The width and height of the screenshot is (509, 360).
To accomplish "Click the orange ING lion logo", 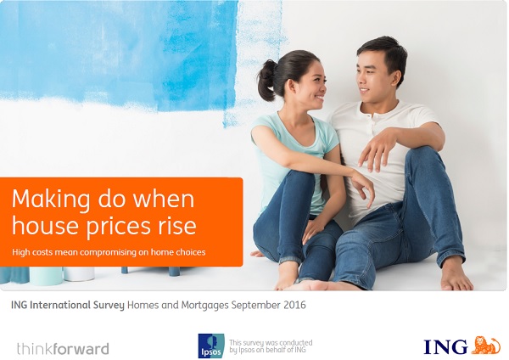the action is pyautogui.click(x=485, y=346).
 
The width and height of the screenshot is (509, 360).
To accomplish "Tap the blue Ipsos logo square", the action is pyautogui.click(x=211, y=346).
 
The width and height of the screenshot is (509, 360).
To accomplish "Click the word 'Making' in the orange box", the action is pyautogui.click(x=51, y=200).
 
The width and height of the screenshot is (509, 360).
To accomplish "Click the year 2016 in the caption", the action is pyautogui.click(x=294, y=305).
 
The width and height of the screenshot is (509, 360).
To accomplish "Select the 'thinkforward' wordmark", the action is pyautogui.click(x=63, y=349).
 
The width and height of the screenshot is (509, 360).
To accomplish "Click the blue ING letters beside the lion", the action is pyautogui.click(x=445, y=346).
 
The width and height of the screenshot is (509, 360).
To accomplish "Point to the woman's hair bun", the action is pyautogui.click(x=267, y=80).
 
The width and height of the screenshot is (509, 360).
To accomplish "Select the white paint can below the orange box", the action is pyautogui.click(x=79, y=274).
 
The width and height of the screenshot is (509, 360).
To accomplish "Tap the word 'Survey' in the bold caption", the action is pyautogui.click(x=109, y=305).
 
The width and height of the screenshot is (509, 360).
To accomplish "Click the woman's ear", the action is pyautogui.click(x=291, y=85).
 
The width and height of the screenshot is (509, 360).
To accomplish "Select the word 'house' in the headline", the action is pyautogui.click(x=47, y=225).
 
